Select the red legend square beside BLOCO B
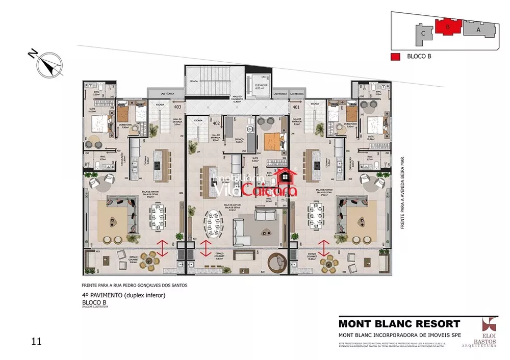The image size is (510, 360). pyautogui.click(x=394, y=57)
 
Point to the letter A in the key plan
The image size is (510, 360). pyautogui.click(x=478, y=30)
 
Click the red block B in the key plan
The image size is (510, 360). pyautogui.click(x=447, y=27)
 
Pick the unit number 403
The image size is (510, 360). pyautogui.click(x=177, y=108)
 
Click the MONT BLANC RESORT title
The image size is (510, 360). pyautogui.click(x=399, y=323)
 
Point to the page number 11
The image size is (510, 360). pyautogui.click(x=35, y=340)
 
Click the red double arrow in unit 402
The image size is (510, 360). pyautogui.click(x=206, y=248)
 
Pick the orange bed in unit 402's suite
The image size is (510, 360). pyautogui.click(x=273, y=141)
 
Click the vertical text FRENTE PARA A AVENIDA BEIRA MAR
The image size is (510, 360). pyautogui.click(x=402, y=192)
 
